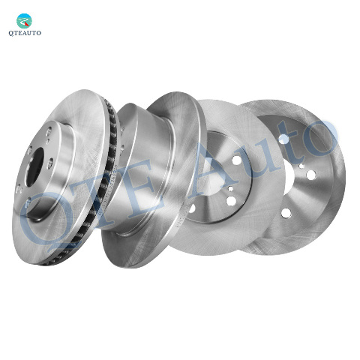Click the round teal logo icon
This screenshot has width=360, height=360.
pos(24,21)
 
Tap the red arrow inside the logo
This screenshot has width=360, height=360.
pos(27,23)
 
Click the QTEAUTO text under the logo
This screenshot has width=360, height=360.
pos(25,33)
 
